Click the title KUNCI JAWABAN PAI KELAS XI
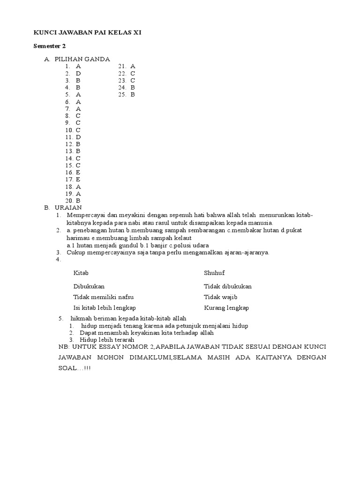click(x=87, y=33)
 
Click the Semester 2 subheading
click(x=49, y=45)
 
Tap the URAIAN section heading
click(x=68, y=207)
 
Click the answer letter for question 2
click(x=79, y=74)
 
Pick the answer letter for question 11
click(x=79, y=137)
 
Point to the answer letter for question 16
click(x=78, y=172)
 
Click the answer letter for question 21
click(x=133, y=67)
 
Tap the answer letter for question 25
click(x=133, y=95)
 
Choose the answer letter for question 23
click(x=133, y=81)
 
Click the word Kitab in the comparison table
click(x=81, y=273)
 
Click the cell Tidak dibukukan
click(x=228, y=286)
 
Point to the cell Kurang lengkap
click(x=226, y=308)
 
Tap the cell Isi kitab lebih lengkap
click(x=105, y=308)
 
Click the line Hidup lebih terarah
click(x=107, y=339)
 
